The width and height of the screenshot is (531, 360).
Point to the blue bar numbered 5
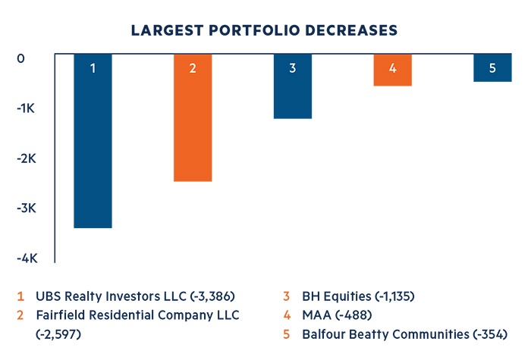point(492,67)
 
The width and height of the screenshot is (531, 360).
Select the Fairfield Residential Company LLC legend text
point(137,315)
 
